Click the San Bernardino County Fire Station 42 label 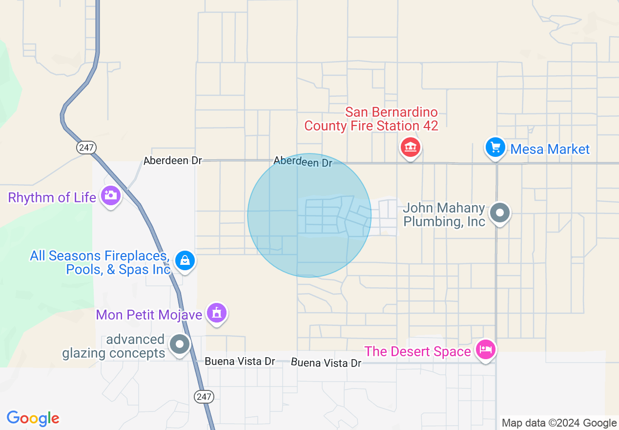(371, 119)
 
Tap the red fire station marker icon (411, 146)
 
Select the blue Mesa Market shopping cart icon (495, 147)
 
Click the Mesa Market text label (550, 149)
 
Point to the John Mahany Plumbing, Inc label (444, 215)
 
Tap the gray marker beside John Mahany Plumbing (499, 213)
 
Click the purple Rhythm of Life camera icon (110, 195)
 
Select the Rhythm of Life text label (52, 197)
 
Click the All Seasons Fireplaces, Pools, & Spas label (100, 262)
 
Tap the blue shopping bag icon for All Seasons (185, 260)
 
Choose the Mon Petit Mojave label (149, 314)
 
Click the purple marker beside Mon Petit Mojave (216, 312)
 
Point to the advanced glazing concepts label (113, 346)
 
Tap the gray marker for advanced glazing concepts (179, 344)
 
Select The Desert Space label (417, 351)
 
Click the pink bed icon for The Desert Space (486, 349)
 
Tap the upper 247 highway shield (86, 147)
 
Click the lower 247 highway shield (204, 396)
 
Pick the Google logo (33, 418)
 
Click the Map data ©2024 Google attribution (559, 423)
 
